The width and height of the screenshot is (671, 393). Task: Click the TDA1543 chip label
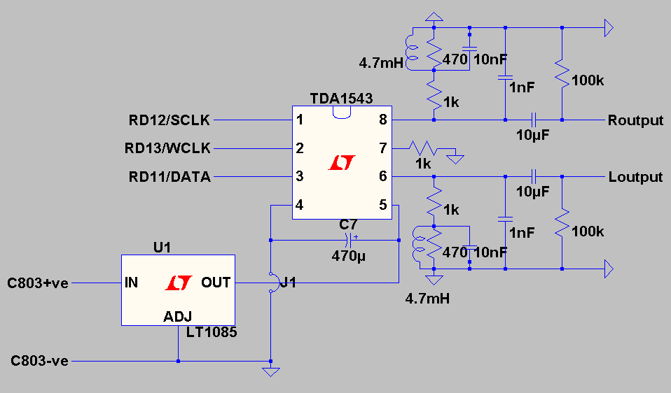(x=341, y=99)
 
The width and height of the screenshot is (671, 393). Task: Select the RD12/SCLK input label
(x=170, y=120)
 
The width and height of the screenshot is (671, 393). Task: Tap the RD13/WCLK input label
(x=168, y=148)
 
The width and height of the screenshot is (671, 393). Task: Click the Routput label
(x=635, y=120)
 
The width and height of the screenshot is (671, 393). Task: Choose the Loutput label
(x=635, y=177)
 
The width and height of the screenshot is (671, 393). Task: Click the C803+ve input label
(x=38, y=283)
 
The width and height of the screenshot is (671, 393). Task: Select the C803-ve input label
(x=39, y=361)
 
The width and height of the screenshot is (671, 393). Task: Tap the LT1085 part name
(x=211, y=333)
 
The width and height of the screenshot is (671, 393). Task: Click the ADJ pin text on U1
(x=177, y=316)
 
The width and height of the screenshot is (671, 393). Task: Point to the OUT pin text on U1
(x=216, y=283)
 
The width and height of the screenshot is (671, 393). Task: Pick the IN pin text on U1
(x=131, y=283)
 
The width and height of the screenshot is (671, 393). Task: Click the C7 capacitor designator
(x=348, y=225)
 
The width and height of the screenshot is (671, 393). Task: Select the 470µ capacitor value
(x=348, y=255)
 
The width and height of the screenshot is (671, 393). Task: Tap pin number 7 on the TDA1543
(x=382, y=148)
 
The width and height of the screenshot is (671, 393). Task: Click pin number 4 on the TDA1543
(x=300, y=206)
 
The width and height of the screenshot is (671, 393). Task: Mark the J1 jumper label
(x=288, y=283)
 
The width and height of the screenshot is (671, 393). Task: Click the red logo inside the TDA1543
(x=342, y=163)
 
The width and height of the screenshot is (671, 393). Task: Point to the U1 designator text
(x=162, y=248)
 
